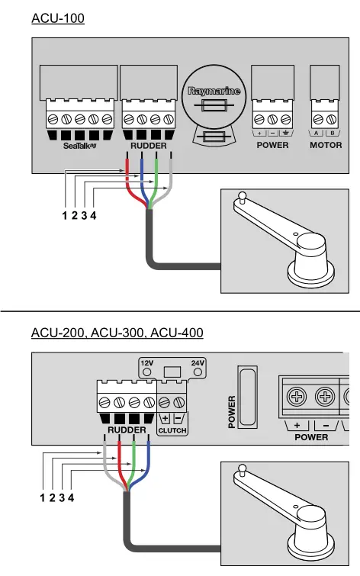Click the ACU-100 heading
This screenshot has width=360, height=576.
coord(58,18)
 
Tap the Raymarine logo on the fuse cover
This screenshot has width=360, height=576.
coord(214,92)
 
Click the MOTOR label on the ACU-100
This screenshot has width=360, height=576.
coord(326,145)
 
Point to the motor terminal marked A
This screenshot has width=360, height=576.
coord(317,134)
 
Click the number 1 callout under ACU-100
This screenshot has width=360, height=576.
coord(65,216)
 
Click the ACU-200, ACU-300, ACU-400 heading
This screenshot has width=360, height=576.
coord(117,333)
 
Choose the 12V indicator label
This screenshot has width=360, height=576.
coord(146,362)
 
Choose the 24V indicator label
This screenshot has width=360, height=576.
coord(198,362)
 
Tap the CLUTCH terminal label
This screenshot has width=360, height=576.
coord(172,431)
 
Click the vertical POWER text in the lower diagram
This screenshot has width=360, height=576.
coord(232,411)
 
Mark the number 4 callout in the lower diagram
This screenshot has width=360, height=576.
coord(72,498)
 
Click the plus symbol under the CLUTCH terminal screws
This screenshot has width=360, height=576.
coord(165,419)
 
